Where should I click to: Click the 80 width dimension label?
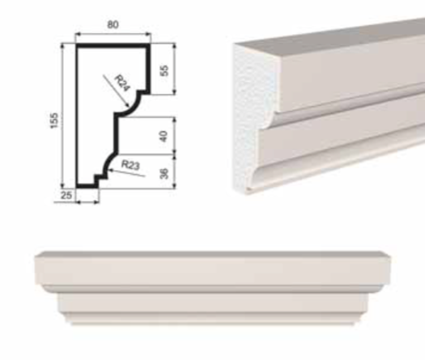point(113,24)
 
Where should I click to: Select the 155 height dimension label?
point(54,121)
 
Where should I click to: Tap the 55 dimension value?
point(164,70)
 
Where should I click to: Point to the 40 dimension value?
point(164,136)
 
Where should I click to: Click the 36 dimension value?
point(164,173)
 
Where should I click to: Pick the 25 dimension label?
point(66,195)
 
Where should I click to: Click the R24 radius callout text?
point(122,83)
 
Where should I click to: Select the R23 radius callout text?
point(130,165)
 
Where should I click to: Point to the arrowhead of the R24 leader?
point(126,105)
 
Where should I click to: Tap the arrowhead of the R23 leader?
point(110,171)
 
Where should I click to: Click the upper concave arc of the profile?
point(130,107)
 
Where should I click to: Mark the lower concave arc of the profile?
point(109,161)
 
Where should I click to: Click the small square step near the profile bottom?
point(100,178)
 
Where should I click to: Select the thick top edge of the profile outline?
point(113,45)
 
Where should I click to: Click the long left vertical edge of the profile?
point(79,116)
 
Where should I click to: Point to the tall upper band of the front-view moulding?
point(213,268)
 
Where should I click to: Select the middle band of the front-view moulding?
point(214,303)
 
